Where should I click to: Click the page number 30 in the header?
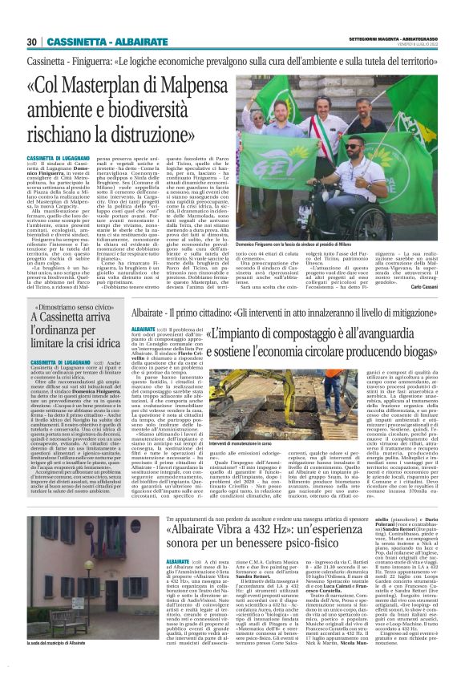point(31,42)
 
